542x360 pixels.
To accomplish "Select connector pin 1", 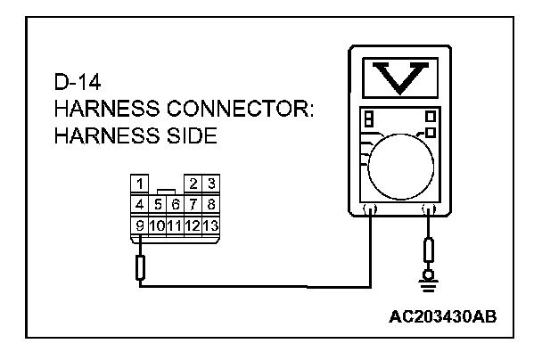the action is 139,185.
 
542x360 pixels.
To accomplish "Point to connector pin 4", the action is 139,205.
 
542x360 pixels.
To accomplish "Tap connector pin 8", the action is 210,205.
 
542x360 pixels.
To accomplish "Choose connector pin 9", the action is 139,225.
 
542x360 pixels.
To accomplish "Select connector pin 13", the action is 210,225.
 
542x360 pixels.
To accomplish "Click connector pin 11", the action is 175,225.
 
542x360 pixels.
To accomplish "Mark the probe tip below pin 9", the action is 139,266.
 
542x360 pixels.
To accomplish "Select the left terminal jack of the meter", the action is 370,210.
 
